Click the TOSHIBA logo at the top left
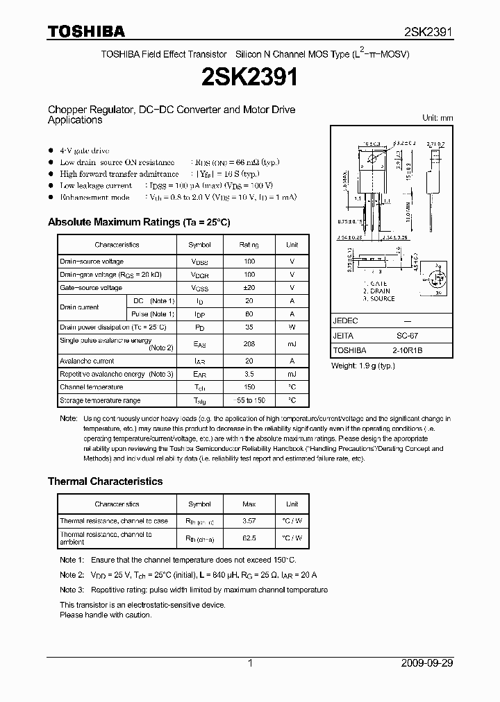86,31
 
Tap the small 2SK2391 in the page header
428,32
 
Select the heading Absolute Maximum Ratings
138,222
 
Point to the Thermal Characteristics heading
105,481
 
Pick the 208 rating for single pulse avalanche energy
249,344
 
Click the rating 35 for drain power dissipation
249,327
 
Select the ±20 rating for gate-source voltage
249,288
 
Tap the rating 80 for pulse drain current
249,314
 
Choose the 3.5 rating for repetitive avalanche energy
249,375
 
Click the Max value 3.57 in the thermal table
249,521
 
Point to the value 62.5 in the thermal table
249,538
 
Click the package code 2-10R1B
407,350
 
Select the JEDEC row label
345,321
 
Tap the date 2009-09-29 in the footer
427,663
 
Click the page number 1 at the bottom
250,663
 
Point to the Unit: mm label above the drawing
437,118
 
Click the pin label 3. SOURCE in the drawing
378,299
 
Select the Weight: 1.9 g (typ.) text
363,365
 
